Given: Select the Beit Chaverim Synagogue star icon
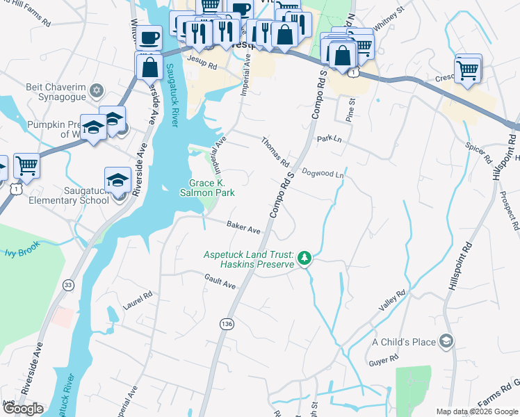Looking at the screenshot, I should tap(97, 90).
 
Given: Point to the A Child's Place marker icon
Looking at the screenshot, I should tap(446, 341).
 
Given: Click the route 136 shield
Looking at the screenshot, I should tap(226, 324).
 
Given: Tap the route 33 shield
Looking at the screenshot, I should tap(67, 284).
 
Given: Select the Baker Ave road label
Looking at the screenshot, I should tap(243, 227).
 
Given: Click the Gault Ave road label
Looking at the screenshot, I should tap(220, 281).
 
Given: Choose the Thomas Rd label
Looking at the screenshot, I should tap(275, 152).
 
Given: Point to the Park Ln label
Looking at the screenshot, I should tap(327, 139).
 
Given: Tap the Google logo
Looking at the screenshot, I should tap(23, 409).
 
